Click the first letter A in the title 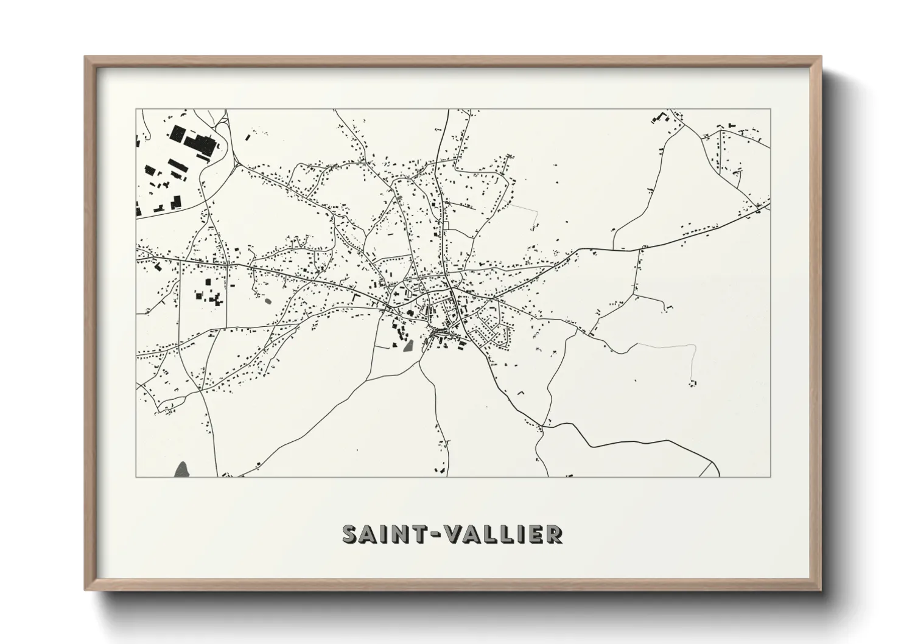[x=369, y=534]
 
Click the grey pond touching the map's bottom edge [x=181, y=469]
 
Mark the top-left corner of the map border [x=136, y=110]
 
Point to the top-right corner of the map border [x=771, y=110]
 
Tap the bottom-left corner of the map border [x=136, y=477]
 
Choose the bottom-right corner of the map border [x=771, y=477]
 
